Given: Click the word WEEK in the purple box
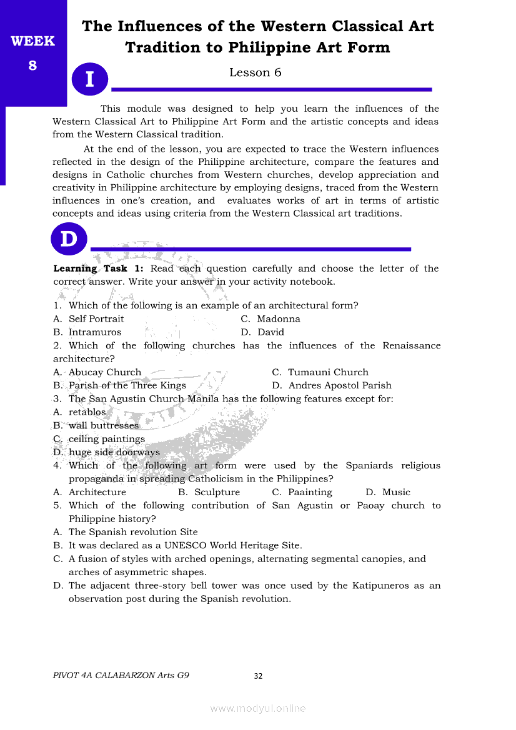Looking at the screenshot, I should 33,42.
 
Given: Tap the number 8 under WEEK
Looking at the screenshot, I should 33,64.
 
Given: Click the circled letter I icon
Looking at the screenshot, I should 90,79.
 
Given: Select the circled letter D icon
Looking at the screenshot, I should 69,239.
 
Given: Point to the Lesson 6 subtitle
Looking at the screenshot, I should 255,72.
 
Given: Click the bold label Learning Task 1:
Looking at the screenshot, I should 99,269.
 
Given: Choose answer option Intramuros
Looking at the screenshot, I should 95,332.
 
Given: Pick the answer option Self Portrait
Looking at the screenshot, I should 96,319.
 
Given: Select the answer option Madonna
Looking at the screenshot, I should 278,319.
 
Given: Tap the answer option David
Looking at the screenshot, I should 270,332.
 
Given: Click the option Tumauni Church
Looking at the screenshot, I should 328,372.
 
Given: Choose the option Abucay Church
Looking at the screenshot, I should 105,372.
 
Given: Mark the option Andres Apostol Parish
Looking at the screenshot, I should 340,385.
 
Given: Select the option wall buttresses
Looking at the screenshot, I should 104,426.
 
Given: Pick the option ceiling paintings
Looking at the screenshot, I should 106,439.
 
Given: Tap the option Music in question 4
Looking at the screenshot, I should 396,492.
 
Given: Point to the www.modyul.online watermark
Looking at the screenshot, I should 258,708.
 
